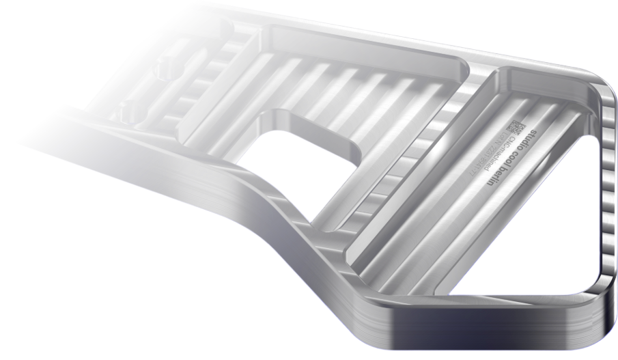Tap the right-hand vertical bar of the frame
tap(606, 205)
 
